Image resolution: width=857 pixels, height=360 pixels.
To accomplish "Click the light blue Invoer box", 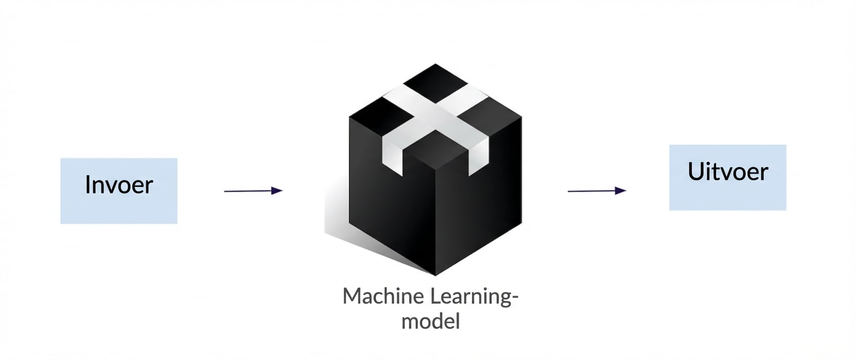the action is (x=119, y=191).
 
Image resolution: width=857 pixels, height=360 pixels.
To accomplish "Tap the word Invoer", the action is (x=119, y=185).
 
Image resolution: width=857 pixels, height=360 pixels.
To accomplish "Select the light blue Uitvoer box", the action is (x=728, y=177).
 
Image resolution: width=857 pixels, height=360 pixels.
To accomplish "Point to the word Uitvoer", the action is (x=728, y=172).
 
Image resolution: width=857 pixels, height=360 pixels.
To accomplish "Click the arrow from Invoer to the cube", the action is (x=253, y=191).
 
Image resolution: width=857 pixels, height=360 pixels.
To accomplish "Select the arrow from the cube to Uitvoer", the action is (x=597, y=191).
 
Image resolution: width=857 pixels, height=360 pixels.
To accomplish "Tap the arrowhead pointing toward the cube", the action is (x=277, y=191).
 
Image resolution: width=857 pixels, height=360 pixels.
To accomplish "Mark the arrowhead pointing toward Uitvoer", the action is (x=621, y=191).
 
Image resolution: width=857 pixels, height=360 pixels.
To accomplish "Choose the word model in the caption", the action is (x=431, y=321).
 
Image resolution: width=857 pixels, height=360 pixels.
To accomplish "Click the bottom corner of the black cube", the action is (x=435, y=275).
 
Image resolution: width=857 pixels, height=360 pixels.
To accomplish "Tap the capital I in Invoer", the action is (x=87, y=185).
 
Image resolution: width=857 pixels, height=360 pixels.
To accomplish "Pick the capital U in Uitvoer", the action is (x=695, y=172).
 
